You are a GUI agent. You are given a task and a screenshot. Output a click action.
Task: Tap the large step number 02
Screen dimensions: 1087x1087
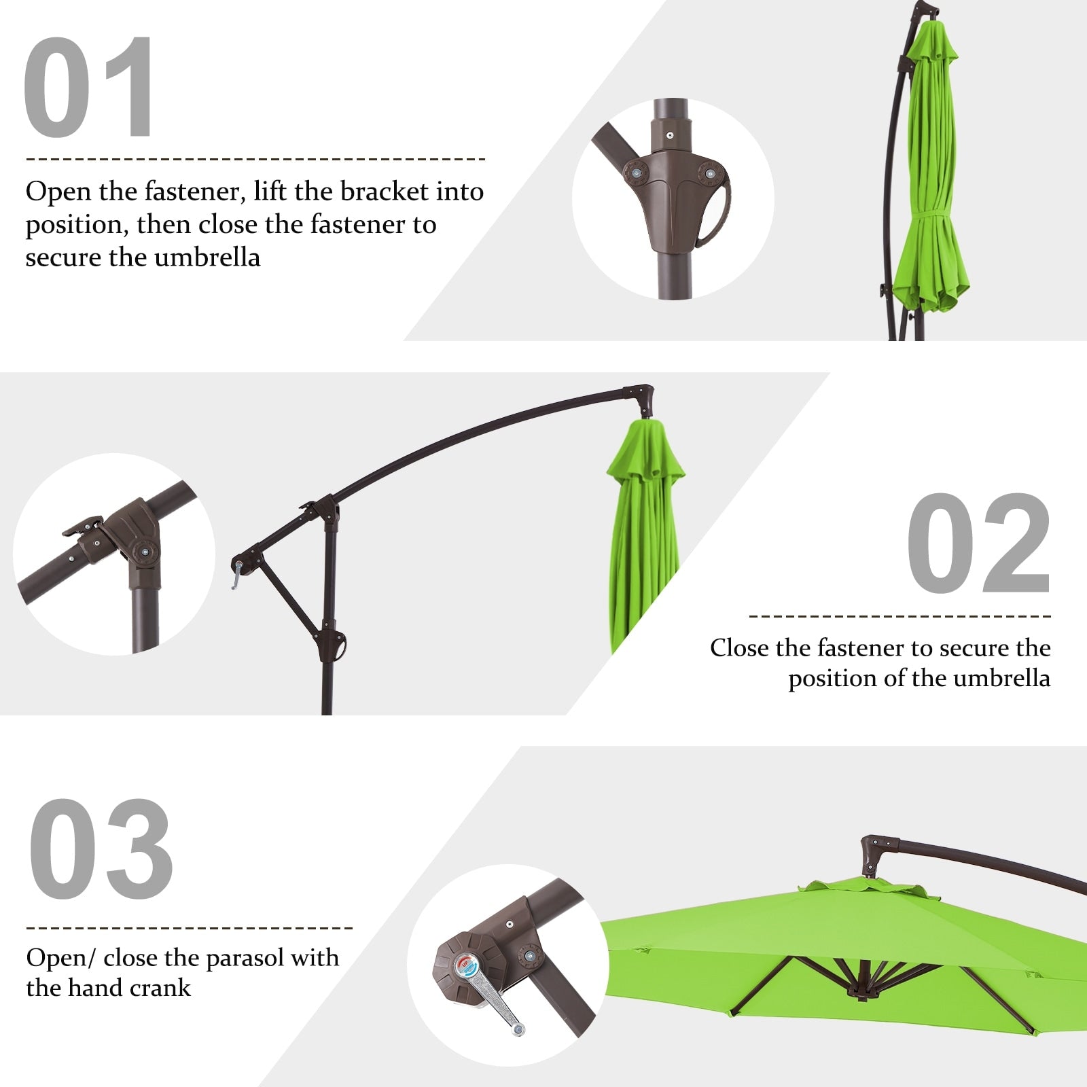click(978, 543)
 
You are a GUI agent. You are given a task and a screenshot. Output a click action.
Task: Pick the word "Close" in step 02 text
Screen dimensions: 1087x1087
click(740, 648)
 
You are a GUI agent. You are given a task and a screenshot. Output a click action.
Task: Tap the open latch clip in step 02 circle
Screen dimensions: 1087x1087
click(83, 527)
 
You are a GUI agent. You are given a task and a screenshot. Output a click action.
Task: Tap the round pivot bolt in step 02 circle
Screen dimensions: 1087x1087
click(144, 551)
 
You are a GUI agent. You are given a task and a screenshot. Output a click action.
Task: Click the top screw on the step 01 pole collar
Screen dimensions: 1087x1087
click(671, 135)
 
